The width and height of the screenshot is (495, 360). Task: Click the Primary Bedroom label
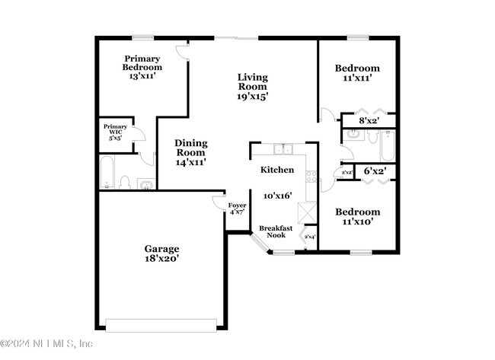(x=142, y=66)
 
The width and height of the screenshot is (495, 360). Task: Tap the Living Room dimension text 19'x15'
(x=252, y=97)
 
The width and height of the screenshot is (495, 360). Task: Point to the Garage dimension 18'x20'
(x=162, y=259)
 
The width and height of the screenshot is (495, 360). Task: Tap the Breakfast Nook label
(x=272, y=231)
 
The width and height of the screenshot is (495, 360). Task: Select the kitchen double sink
(x=284, y=149)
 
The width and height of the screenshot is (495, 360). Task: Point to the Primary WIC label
(x=115, y=132)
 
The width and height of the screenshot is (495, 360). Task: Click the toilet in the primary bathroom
(x=126, y=183)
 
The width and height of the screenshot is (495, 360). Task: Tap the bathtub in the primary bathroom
(x=107, y=172)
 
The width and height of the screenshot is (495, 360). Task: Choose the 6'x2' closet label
(x=374, y=171)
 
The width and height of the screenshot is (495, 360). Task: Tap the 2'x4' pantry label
(x=309, y=237)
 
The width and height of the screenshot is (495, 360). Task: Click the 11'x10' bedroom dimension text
(x=357, y=222)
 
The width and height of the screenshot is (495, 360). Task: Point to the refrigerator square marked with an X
(x=306, y=212)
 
